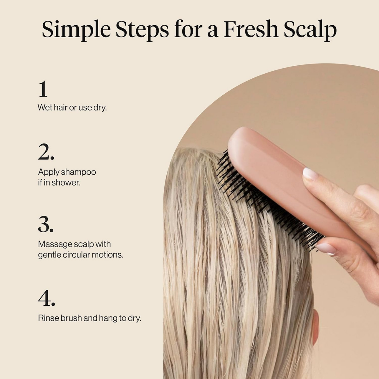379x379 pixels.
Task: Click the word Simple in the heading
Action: (76, 30)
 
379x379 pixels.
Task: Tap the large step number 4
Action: (46, 298)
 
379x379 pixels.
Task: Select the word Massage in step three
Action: (52, 244)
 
